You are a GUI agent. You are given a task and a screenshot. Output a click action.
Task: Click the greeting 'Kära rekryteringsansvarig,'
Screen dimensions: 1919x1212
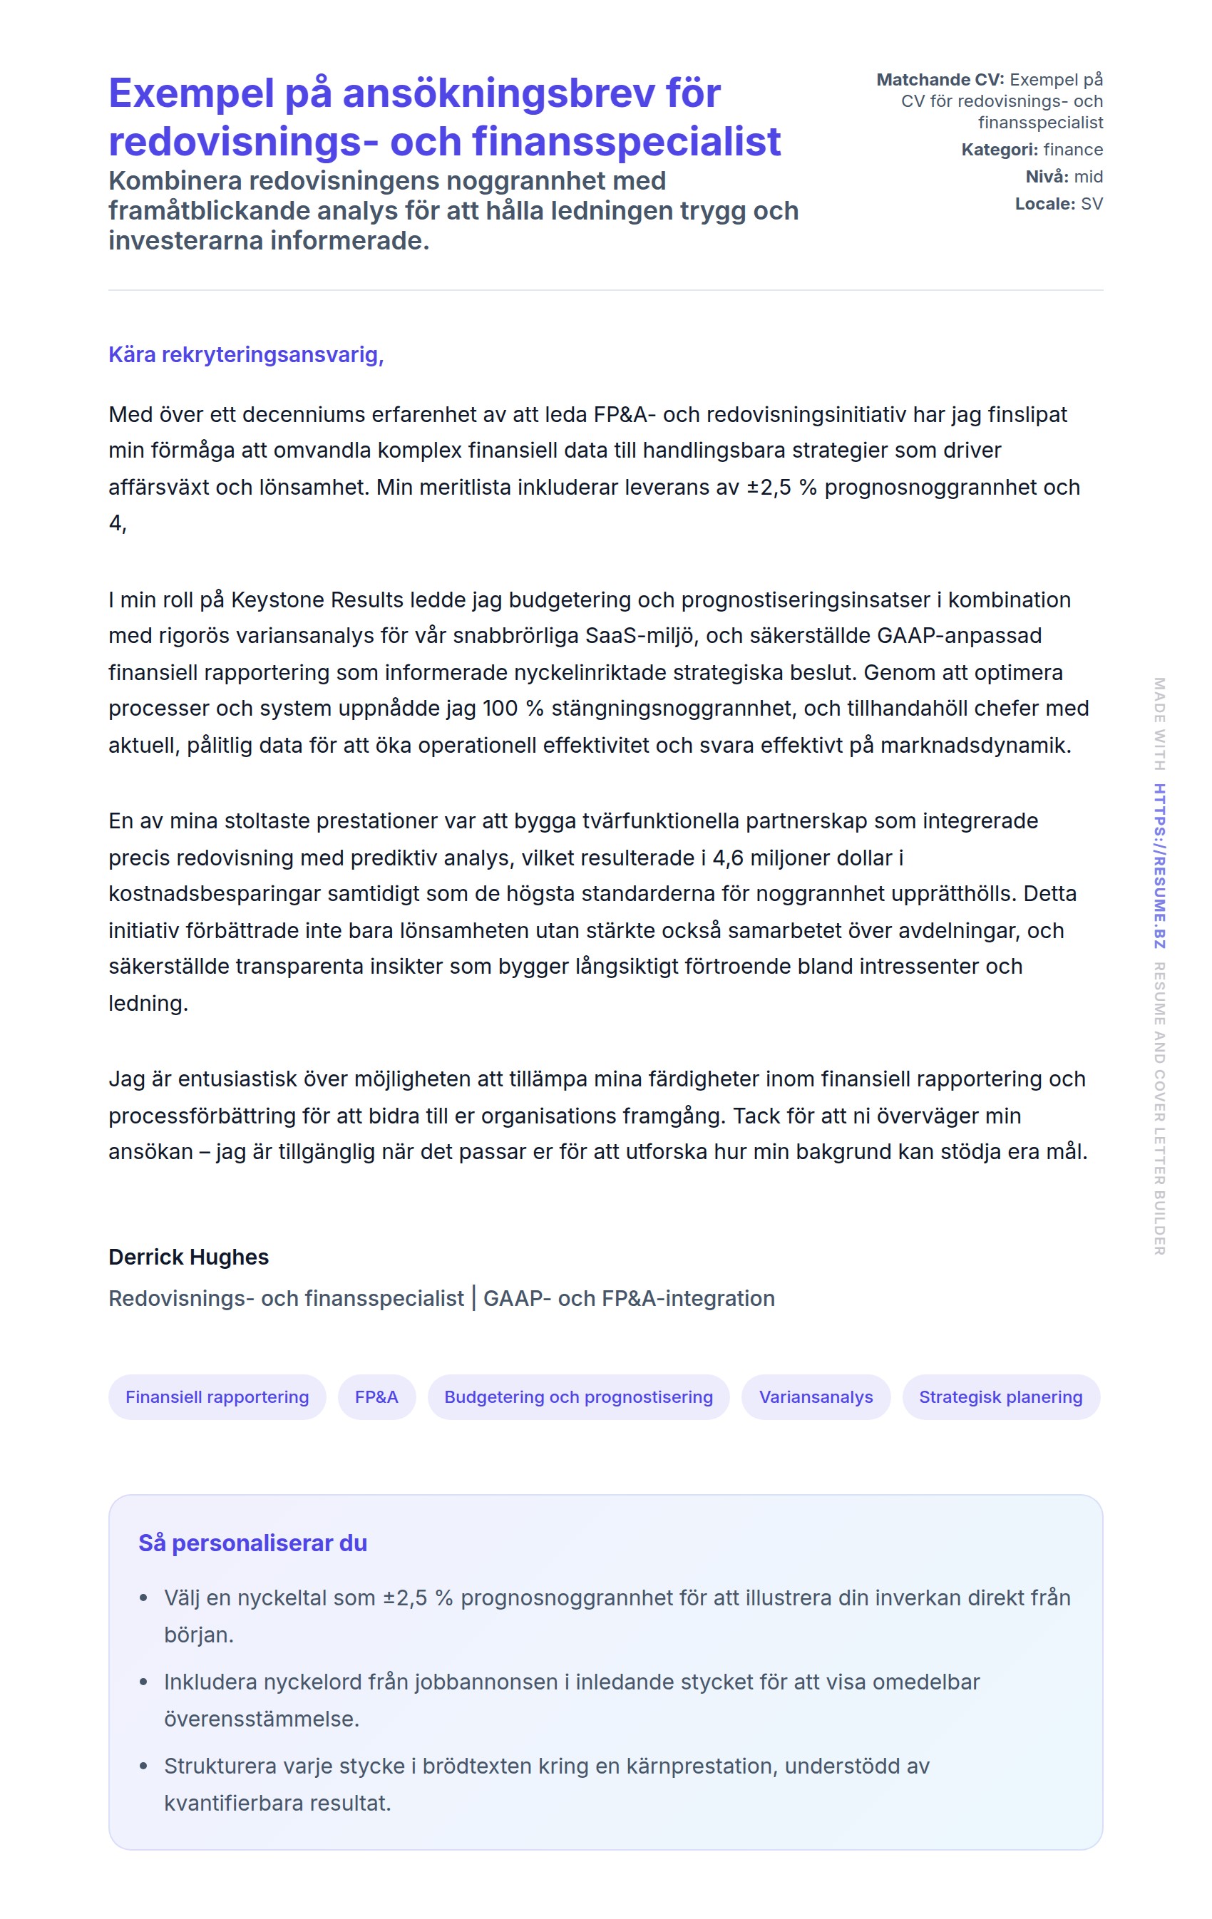(x=245, y=354)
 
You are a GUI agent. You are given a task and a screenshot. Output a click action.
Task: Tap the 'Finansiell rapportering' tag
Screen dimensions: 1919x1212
(x=217, y=1396)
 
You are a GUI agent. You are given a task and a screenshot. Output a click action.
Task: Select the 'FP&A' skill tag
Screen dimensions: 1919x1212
(x=376, y=1396)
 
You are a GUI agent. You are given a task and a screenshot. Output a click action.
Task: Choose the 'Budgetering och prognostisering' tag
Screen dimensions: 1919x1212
(x=577, y=1396)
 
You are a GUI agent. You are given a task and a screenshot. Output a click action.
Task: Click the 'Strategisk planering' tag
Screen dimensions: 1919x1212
(x=1000, y=1396)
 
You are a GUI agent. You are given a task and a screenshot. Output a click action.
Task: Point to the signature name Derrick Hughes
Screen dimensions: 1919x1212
(x=188, y=1257)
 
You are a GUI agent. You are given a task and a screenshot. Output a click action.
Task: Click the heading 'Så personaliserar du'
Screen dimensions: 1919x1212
(x=252, y=1543)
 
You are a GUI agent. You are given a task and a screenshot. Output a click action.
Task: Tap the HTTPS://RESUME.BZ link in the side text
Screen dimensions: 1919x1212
(x=1159, y=865)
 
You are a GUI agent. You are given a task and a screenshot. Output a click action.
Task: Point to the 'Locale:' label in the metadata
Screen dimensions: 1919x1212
(x=1044, y=204)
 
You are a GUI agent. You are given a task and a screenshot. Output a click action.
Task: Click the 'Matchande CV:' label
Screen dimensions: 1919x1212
(x=940, y=80)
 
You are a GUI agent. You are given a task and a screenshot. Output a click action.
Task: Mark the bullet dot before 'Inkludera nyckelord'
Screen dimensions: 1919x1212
(x=143, y=1682)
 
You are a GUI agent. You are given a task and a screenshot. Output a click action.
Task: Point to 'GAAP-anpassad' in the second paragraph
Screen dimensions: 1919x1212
(x=959, y=635)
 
